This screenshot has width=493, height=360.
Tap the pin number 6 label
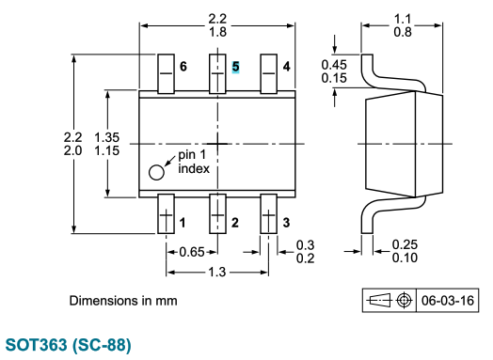(183, 67)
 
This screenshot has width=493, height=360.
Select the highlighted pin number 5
(235, 67)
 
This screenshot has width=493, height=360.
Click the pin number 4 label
(286, 67)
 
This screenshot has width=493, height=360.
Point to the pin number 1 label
(183, 223)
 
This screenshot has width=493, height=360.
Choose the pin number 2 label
(235, 223)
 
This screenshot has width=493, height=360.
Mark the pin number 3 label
(286, 223)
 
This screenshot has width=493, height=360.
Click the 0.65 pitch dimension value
(192, 251)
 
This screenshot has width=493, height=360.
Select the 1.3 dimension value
(216, 272)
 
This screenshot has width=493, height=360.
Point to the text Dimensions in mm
(122, 301)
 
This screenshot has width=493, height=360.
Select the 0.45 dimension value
(333, 64)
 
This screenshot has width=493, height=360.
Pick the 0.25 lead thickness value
(406, 244)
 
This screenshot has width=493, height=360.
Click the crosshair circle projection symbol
(405, 301)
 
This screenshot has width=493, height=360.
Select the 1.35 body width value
(108, 137)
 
